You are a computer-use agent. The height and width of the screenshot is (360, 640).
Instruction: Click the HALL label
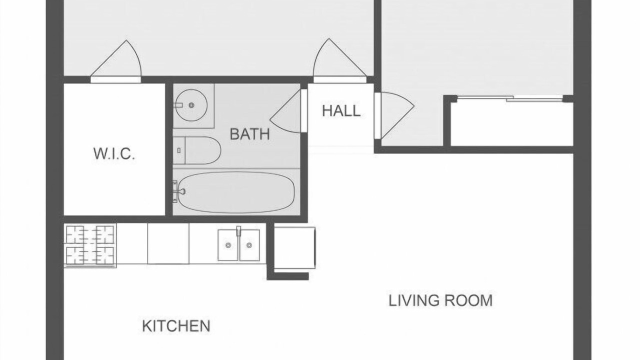(341, 111)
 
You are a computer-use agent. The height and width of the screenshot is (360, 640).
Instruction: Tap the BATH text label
(249, 134)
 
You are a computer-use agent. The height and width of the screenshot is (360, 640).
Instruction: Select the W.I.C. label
(114, 153)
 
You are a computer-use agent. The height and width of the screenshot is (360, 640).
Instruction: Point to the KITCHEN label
(176, 326)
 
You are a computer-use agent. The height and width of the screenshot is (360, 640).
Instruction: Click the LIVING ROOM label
(440, 300)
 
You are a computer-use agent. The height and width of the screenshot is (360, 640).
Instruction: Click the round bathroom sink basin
(191, 105)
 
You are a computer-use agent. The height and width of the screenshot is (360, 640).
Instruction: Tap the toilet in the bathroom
(197, 150)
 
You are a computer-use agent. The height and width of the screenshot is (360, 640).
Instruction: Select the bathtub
(236, 192)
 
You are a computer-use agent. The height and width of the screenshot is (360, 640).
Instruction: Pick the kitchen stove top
(90, 245)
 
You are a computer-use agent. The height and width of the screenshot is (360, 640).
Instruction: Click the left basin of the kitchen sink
(228, 245)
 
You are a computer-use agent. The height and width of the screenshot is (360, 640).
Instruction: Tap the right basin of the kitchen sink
(249, 245)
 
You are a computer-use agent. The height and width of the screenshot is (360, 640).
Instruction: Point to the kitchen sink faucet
(238, 231)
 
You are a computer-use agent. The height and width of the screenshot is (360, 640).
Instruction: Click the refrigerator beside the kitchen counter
(294, 248)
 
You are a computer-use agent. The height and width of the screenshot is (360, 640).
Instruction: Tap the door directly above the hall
(340, 60)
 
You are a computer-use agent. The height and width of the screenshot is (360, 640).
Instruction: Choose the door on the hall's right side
(394, 116)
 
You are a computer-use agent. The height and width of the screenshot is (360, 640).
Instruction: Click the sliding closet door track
(510, 98)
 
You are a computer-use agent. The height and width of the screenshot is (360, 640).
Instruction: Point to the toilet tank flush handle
(179, 150)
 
